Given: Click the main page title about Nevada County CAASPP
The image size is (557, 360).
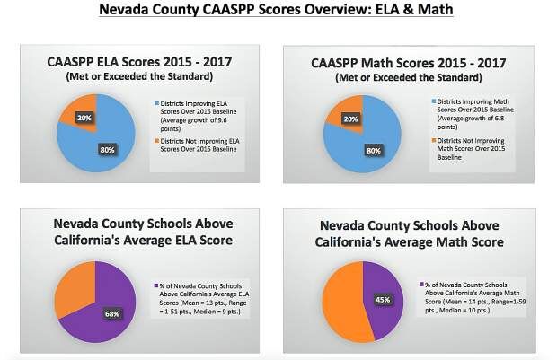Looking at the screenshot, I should click(278, 10).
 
